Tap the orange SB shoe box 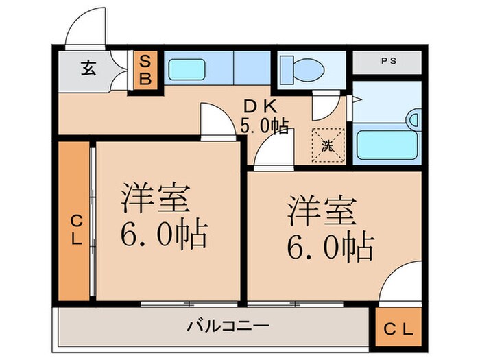[x=146, y=69]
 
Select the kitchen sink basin [x=186, y=69]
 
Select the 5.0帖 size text [x=263, y=126]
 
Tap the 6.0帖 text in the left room [x=165, y=236]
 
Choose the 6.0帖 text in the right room [x=331, y=245]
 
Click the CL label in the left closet [x=75, y=230]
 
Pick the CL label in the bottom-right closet [x=398, y=328]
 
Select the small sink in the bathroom [x=414, y=120]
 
